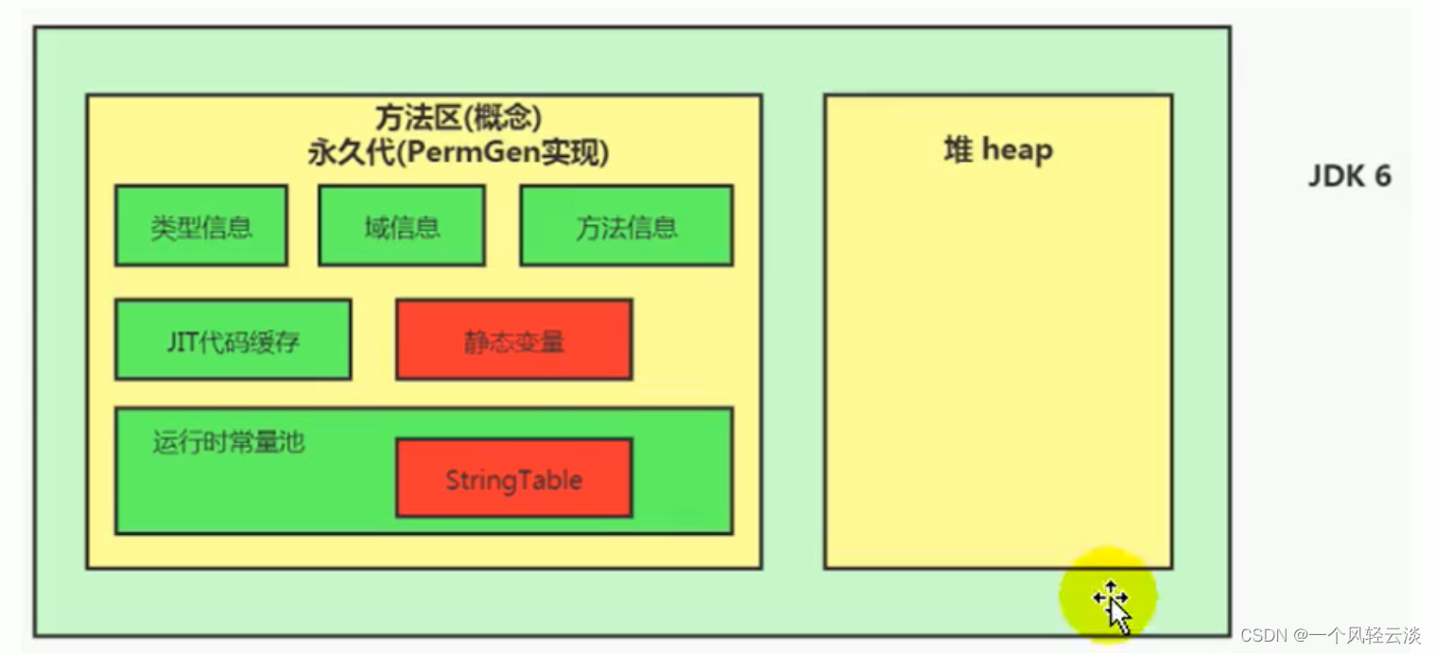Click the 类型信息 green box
click(x=200, y=226)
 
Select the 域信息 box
click(x=401, y=226)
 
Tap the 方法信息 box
click(x=626, y=226)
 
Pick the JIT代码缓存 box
click(x=233, y=340)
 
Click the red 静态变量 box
click(x=513, y=340)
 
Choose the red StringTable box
click(x=513, y=478)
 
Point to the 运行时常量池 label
click(x=229, y=442)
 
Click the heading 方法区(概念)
click(x=458, y=117)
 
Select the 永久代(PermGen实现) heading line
click(x=458, y=152)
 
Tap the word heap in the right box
click(x=1017, y=149)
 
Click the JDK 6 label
click(x=1349, y=177)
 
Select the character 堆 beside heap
click(x=959, y=149)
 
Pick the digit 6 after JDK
click(x=1383, y=177)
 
